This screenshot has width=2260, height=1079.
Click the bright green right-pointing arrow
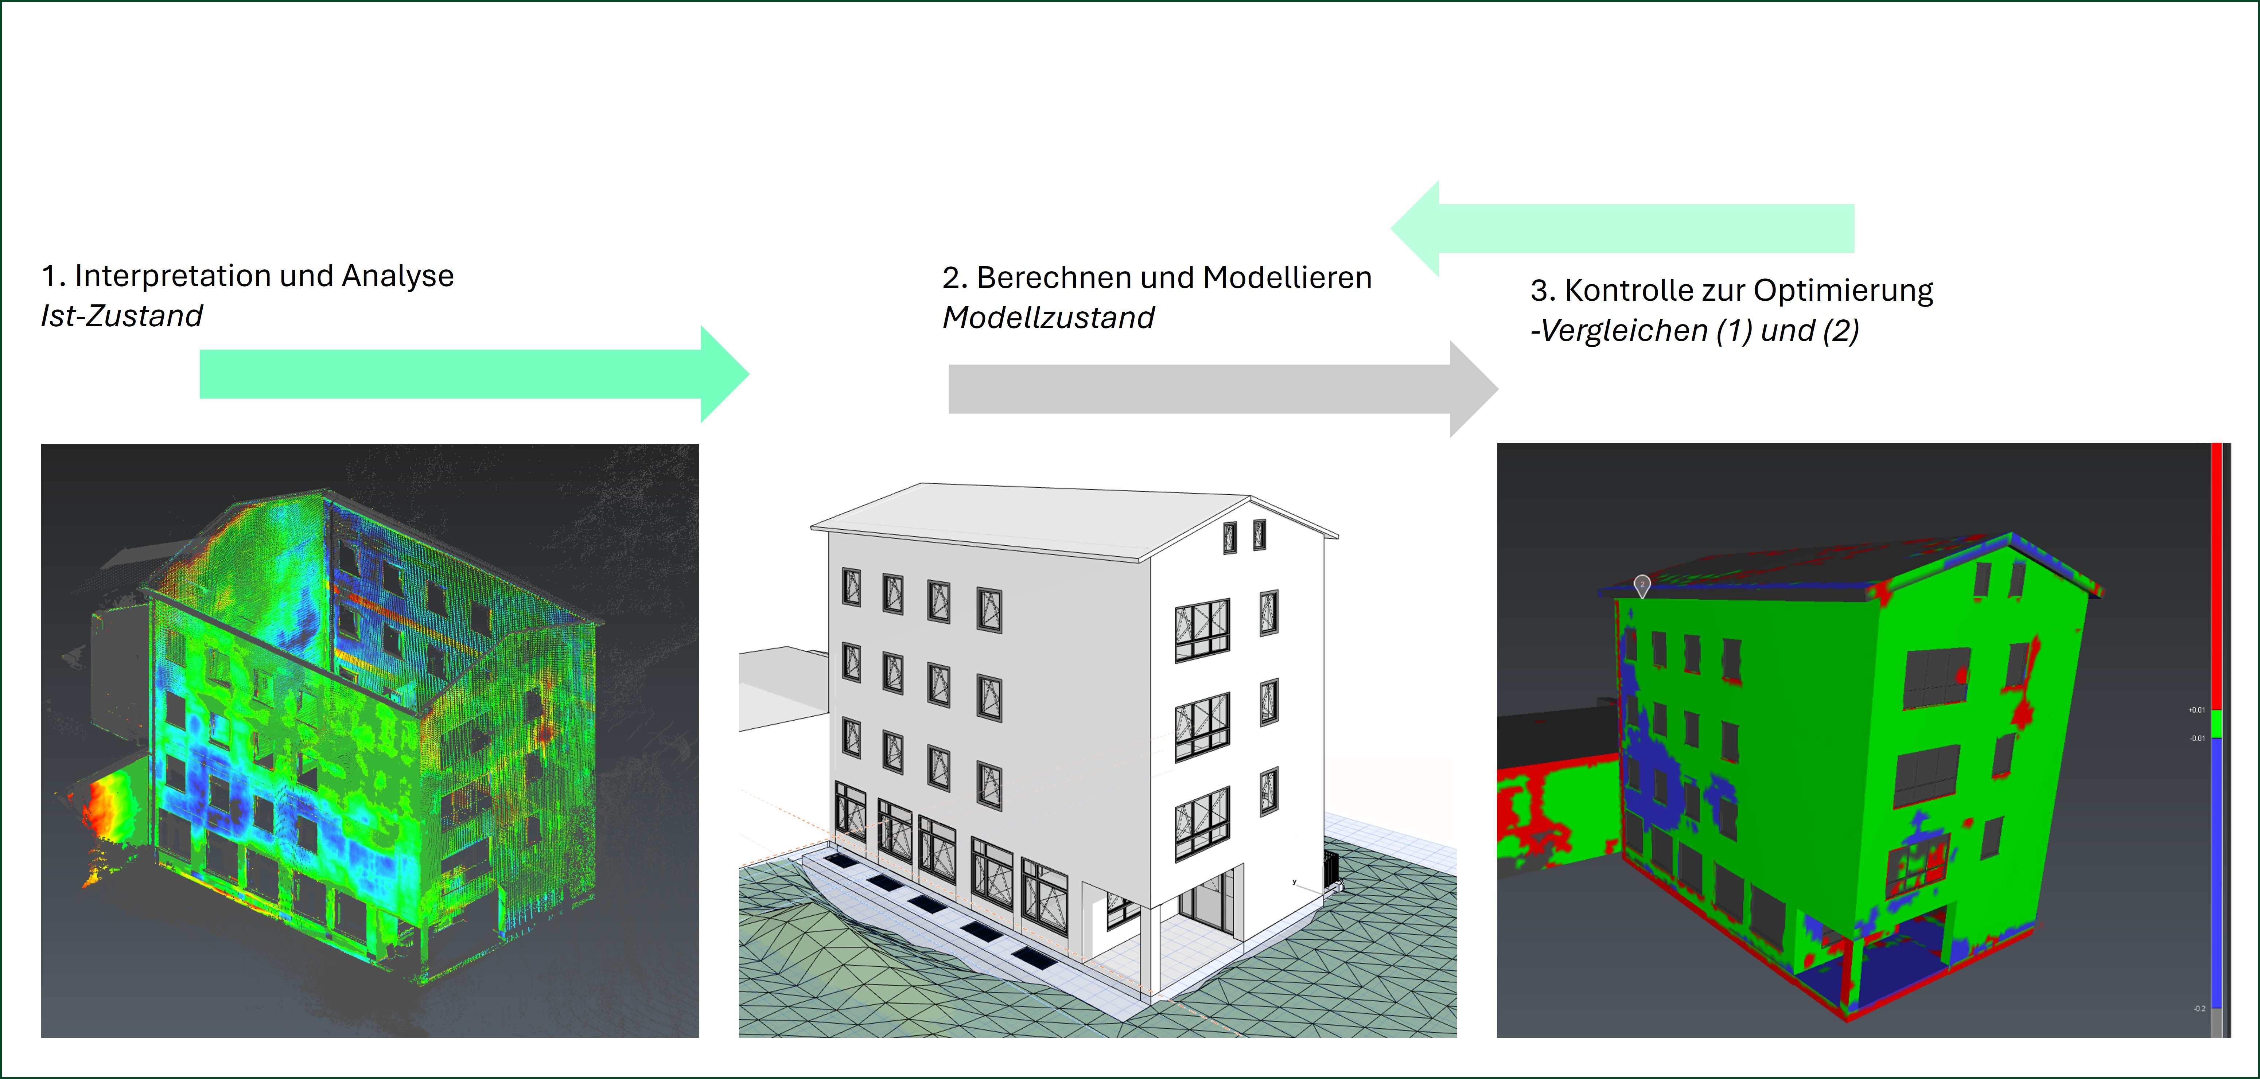coord(474,375)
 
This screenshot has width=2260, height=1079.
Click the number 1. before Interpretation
coord(52,276)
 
